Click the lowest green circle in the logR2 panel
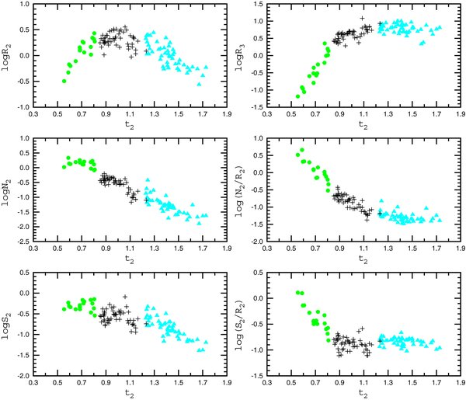[x=64, y=81]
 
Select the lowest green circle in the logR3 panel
[x=298, y=97]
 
